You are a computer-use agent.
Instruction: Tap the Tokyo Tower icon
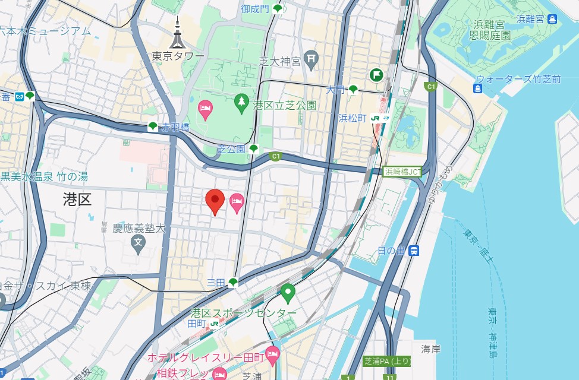coord(177,34)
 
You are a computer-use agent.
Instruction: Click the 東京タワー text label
coord(178,56)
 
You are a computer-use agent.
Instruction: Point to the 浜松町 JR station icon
coord(380,118)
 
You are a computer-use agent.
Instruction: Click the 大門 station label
coord(335,90)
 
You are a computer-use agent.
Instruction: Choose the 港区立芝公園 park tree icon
coord(241,104)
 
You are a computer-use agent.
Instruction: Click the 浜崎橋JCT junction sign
coord(402,172)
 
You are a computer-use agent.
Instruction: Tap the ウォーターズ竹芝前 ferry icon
coord(477,89)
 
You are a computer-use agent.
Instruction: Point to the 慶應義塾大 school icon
coord(139,242)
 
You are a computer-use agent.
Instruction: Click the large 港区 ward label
coord(77,199)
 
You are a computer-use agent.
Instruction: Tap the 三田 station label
coord(216,282)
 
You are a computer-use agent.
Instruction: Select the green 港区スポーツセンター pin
coord(288,293)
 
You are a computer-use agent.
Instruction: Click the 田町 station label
coord(196,324)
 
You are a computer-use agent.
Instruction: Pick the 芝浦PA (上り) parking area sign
coord(386,361)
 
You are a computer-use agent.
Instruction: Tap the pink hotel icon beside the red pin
coord(237,202)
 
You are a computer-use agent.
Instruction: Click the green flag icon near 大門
coord(376,75)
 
